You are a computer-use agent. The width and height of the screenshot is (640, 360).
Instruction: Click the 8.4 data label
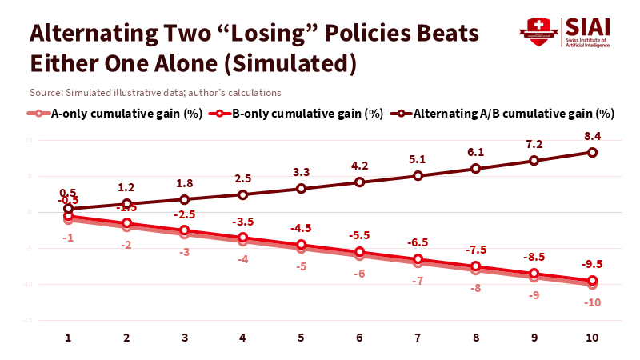click(x=593, y=136)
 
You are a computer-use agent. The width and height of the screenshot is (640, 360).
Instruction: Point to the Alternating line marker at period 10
click(x=593, y=152)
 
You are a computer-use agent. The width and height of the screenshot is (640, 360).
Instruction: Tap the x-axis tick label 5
click(x=301, y=338)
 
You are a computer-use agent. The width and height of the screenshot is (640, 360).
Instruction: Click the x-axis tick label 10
click(x=592, y=338)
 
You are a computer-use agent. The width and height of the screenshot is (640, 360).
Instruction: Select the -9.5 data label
click(x=593, y=265)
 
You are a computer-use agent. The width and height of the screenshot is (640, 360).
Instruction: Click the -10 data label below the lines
click(x=593, y=302)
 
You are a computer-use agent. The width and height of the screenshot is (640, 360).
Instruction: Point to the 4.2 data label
click(x=359, y=166)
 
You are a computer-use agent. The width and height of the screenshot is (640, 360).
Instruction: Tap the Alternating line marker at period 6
click(x=359, y=182)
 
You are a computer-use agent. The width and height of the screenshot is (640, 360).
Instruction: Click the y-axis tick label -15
click(x=26, y=320)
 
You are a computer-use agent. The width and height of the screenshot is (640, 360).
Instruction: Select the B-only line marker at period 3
click(x=185, y=230)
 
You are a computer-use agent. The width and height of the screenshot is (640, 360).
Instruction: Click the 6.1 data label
click(x=476, y=152)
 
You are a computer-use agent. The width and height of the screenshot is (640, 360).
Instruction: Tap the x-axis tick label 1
click(x=68, y=338)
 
